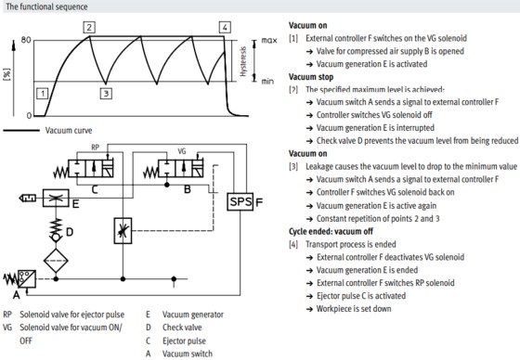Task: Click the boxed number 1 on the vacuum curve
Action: coord(43,94)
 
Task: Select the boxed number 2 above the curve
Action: coord(89,27)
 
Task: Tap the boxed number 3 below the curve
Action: coord(106,94)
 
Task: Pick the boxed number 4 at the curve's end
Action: coord(225,27)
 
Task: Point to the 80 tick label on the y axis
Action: coord(26,40)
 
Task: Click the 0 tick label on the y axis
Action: coord(29,116)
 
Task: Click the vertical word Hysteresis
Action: coord(243,61)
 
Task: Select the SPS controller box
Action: coord(240,201)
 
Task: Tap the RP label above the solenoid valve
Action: coord(95,148)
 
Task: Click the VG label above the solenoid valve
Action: coord(182,151)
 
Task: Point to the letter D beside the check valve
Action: coord(70,232)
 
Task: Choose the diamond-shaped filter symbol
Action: coord(56,261)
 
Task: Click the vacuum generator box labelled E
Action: coord(56,199)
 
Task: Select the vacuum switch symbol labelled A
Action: coord(27,279)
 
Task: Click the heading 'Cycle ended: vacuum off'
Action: coord(331,231)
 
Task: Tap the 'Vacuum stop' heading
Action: coord(311,77)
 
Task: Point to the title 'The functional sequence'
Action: coord(46,6)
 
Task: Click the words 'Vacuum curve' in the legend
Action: coord(69,130)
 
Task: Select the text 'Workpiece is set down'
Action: coord(354,309)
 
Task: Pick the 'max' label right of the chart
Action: coord(269,41)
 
